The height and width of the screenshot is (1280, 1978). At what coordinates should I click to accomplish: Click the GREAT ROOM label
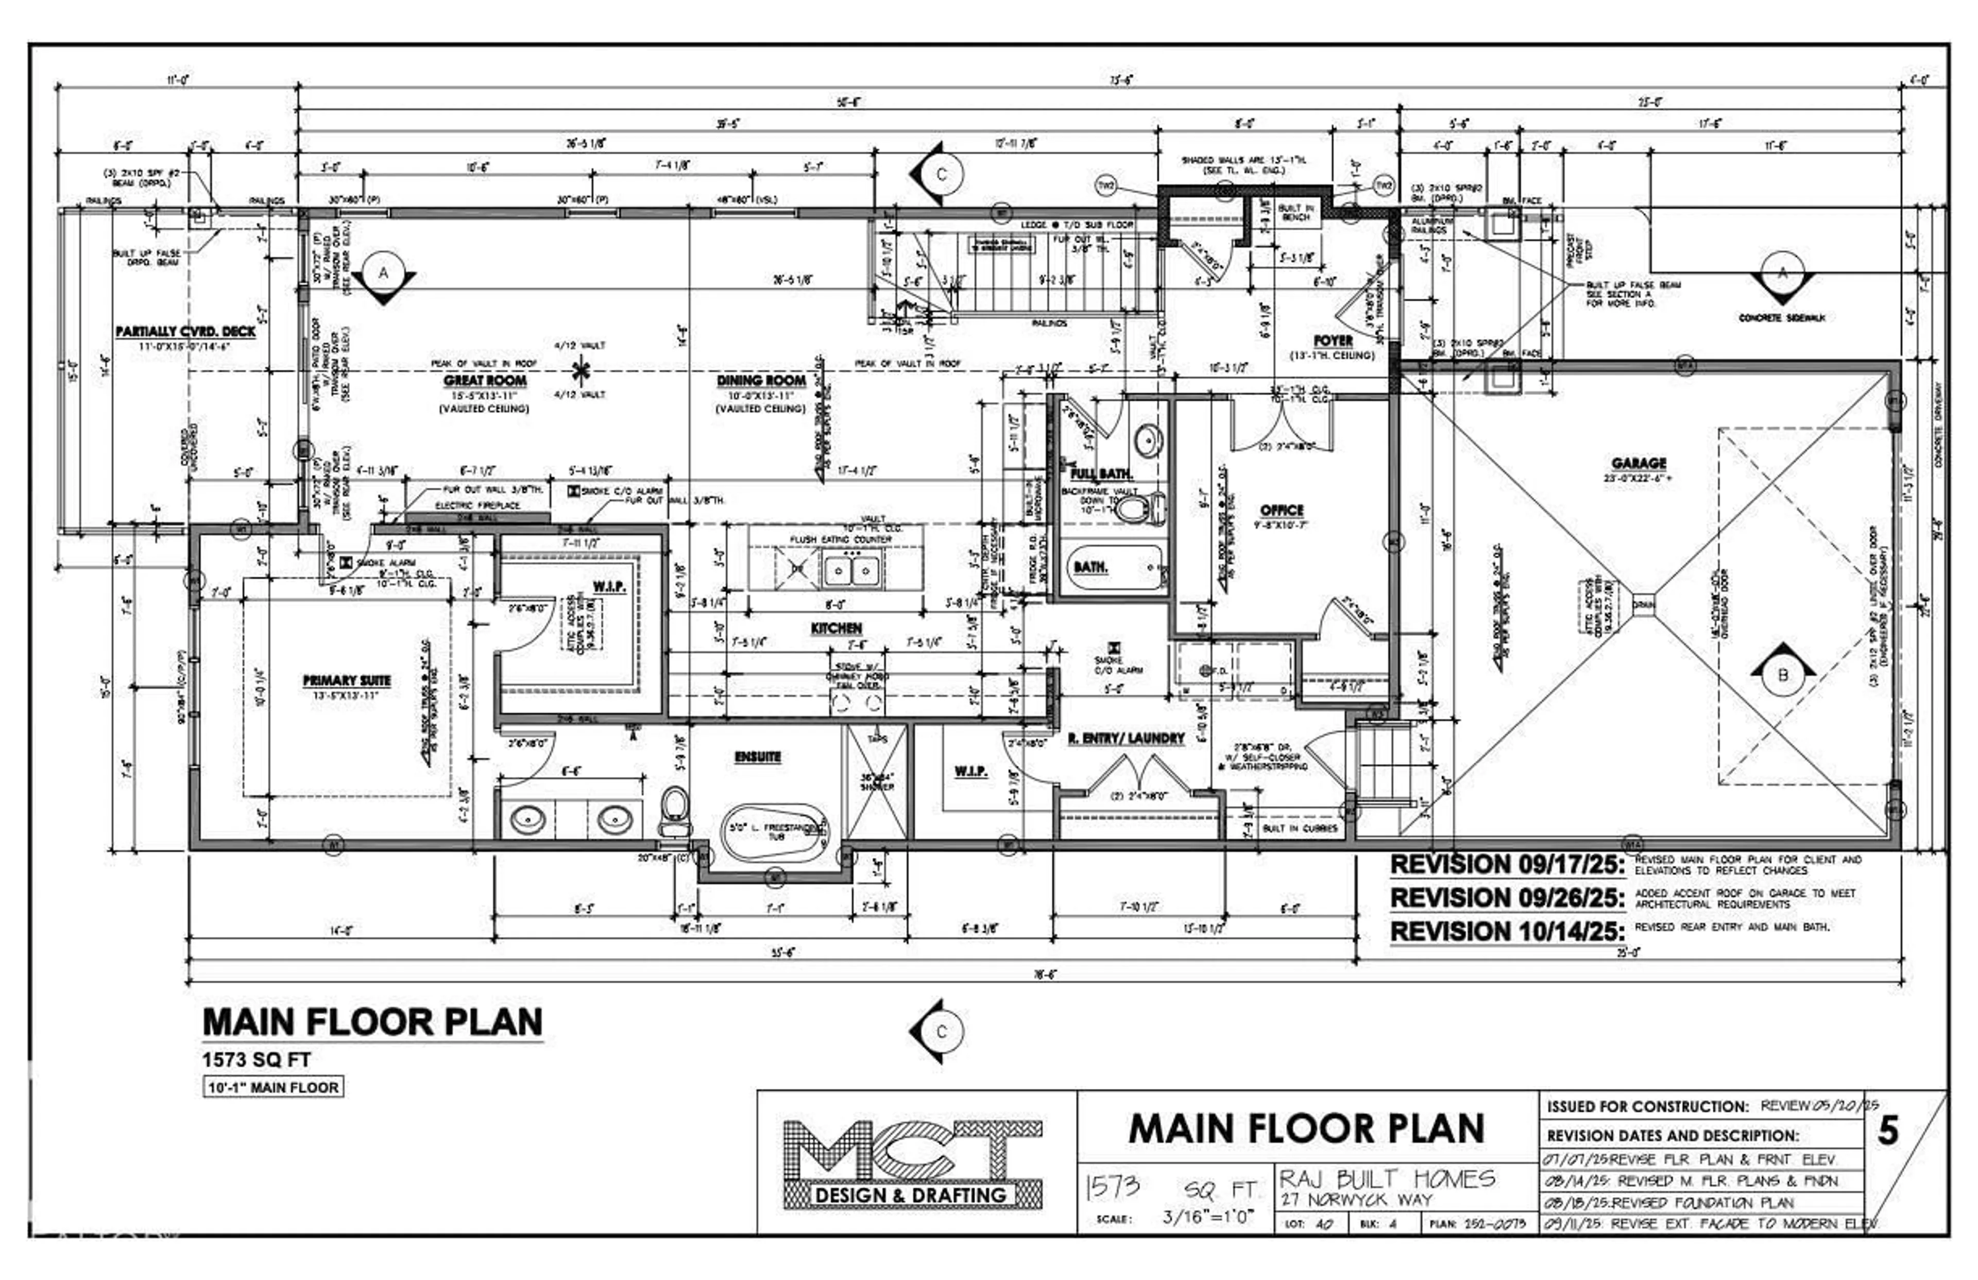tap(485, 380)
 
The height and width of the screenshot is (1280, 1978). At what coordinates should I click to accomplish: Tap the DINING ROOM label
tap(761, 380)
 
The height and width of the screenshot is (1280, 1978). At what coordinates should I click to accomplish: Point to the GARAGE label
tap(1638, 463)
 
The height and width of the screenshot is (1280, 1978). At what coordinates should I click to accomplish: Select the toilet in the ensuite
tap(675, 810)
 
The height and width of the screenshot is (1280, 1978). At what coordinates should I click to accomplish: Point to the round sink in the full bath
tap(1149, 438)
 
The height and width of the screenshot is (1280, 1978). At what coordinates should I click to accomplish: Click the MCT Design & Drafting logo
tap(911, 1164)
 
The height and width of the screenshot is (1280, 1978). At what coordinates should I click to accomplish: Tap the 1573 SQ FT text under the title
tap(257, 1060)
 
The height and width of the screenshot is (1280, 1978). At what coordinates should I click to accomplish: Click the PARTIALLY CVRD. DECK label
tap(185, 331)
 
